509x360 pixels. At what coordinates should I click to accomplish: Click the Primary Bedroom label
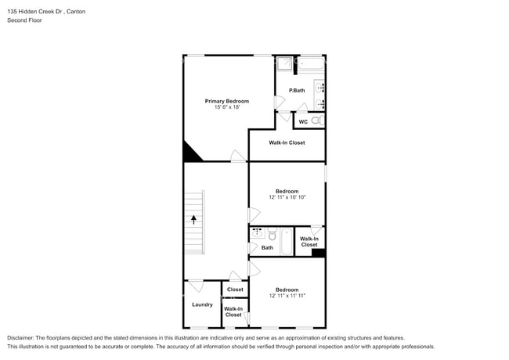(227, 101)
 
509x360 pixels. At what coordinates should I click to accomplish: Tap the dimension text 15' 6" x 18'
(227, 107)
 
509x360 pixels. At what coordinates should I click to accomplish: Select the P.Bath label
(297, 91)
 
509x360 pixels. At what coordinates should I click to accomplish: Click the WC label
(303, 121)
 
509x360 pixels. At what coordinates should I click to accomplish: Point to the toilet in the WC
(317, 121)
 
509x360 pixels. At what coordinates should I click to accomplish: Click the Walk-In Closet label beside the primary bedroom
(287, 142)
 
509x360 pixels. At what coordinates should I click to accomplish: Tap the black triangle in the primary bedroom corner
(190, 153)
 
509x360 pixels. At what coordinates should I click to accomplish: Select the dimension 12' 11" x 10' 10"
(287, 197)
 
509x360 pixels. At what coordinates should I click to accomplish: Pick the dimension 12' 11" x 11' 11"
(287, 296)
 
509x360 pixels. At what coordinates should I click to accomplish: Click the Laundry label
(202, 304)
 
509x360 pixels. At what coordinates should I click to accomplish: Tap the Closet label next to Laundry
(235, 290)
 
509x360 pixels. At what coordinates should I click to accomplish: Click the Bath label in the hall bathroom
(267, 248)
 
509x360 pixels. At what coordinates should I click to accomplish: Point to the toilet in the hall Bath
(273, 235)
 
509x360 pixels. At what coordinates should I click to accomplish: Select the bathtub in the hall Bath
(287, 242)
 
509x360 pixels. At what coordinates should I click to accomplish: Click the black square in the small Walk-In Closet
(317, 252)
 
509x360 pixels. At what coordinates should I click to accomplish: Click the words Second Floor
(25, 20)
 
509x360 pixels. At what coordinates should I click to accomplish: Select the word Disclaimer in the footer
(22, 337)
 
